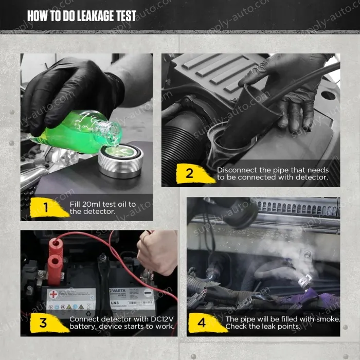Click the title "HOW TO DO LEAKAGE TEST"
tap(82, 16)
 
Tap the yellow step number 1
tap(46, 207)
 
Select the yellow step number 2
tap(190, 173)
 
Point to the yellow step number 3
tap(43, 322)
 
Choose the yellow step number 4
tap(202, 322)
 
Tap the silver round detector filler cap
tap(121, 160)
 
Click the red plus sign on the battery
tap(53, 294)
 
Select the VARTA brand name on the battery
tap(118, 291)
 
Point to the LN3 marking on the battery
tap(115, 303)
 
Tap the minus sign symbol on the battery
tap(148, 293)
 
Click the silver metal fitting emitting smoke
tap(304, 281)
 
